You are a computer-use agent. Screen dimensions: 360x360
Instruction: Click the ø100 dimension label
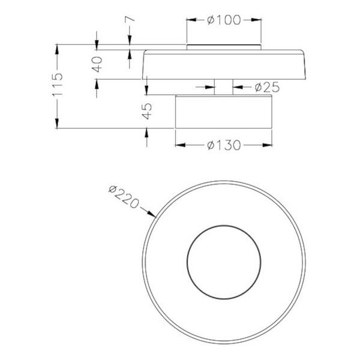pos(224,20)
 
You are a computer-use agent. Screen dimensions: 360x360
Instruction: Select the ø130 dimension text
pos(224,145)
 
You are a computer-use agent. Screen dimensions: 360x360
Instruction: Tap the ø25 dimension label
pos(266,88)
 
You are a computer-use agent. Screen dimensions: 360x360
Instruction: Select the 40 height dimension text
pos(98,62)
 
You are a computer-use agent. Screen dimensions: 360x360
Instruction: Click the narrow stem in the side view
pos(224,87)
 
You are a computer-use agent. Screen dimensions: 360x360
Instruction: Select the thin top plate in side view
pos(224,47)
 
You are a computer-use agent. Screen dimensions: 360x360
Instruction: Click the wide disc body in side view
pos(224,65)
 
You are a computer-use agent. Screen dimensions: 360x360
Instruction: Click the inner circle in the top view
pos(224,262)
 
